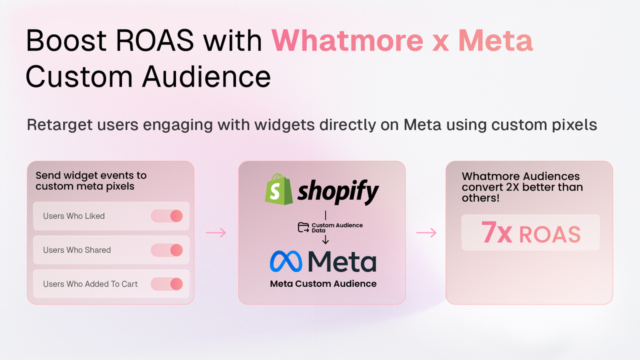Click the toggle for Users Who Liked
[167, 216]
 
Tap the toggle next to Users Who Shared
[167, 250]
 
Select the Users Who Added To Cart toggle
[167, 284]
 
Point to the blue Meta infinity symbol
[286, 261]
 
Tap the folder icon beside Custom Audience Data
[303, 227]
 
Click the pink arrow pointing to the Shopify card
[216, 232]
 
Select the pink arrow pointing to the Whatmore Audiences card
[426, 232]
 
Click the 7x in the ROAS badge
[496, 233]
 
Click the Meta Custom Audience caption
[323, 283]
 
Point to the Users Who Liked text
[74, 216]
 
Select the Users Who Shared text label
[77, 250]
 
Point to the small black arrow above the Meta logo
[325, 240]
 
